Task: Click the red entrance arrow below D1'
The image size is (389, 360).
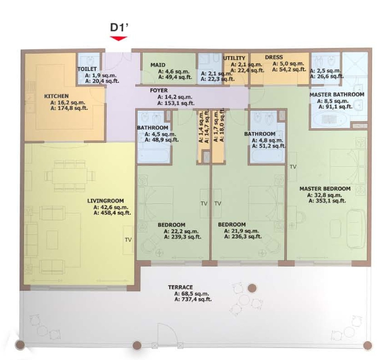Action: coord(119,38)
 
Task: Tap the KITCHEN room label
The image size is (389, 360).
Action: coord(56,96)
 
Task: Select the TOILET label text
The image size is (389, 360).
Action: coord(87,69)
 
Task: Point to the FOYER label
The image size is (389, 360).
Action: coord(159,90)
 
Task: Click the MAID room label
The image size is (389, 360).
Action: coord(158,65)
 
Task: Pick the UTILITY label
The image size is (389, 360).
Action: coord(234,58)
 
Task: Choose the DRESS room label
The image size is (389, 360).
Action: coord(274,57)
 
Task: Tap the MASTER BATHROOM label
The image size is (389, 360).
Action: coord(337,95)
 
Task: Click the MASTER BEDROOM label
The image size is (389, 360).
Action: coord(325,189)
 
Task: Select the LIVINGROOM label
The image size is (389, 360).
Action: coord(105,201)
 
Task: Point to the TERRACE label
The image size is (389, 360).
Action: coord(181,287)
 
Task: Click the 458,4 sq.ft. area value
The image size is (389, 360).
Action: coord(115,213)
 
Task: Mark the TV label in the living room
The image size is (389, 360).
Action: coord(128,239)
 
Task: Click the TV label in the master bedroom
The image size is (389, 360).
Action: coord(293,167)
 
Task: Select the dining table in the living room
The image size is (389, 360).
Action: coord(69,176)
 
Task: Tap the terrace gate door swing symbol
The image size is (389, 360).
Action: coord(167,333)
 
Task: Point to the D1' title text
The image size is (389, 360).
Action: coord(119,28)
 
